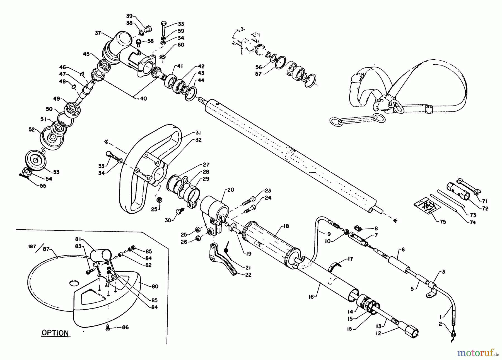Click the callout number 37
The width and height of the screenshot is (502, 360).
tap(98, 33)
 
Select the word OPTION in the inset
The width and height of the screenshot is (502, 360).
tap(55, 333)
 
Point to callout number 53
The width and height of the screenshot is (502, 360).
tap(56, 172)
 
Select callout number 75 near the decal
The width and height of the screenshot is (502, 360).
tap(443, 222)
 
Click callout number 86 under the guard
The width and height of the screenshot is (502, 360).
tap(125, 327)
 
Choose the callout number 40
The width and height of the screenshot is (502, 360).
tap(144, 99)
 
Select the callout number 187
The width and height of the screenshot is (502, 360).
tap(33, 246)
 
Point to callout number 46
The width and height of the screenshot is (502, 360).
tap(62, 67)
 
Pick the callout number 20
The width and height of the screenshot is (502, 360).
tap(230, 190)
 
